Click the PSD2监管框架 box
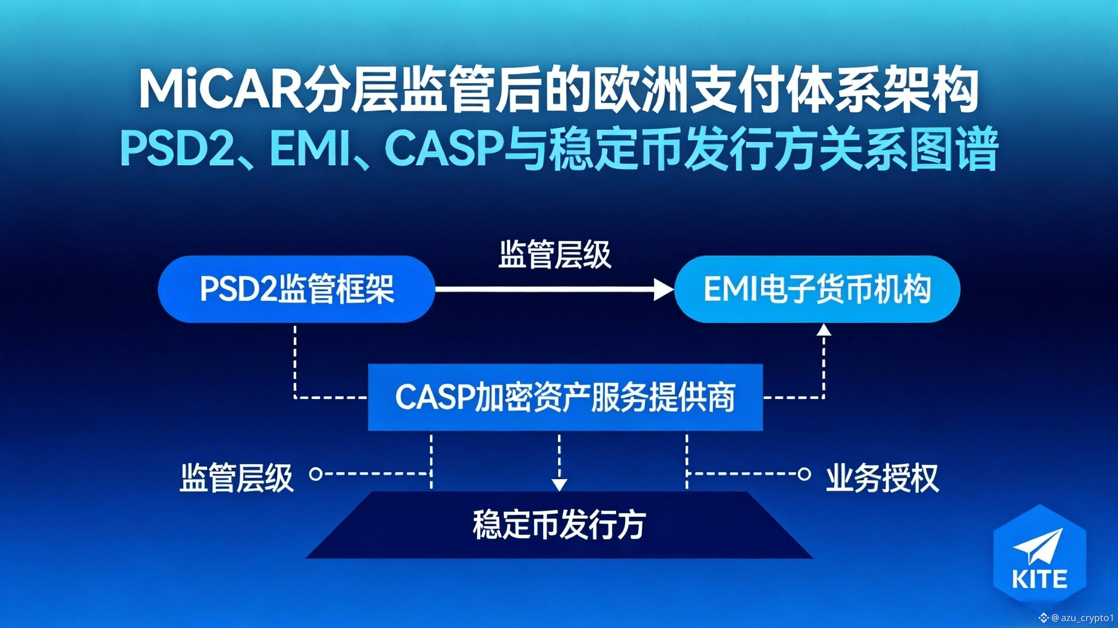coord(297,289)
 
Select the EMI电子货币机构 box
coord(817,289)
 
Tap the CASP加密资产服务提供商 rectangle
coord(565,397)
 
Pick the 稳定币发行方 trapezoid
coord(559,525)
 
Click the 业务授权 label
coord(882,478)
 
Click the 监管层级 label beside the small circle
coord(237,478)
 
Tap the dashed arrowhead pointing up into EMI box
coord(824,330)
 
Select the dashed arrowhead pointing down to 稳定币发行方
coord(559,484)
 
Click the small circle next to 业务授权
coord(804,473)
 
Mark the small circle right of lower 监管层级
coord(316,473)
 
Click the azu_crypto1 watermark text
coord(1088,617)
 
